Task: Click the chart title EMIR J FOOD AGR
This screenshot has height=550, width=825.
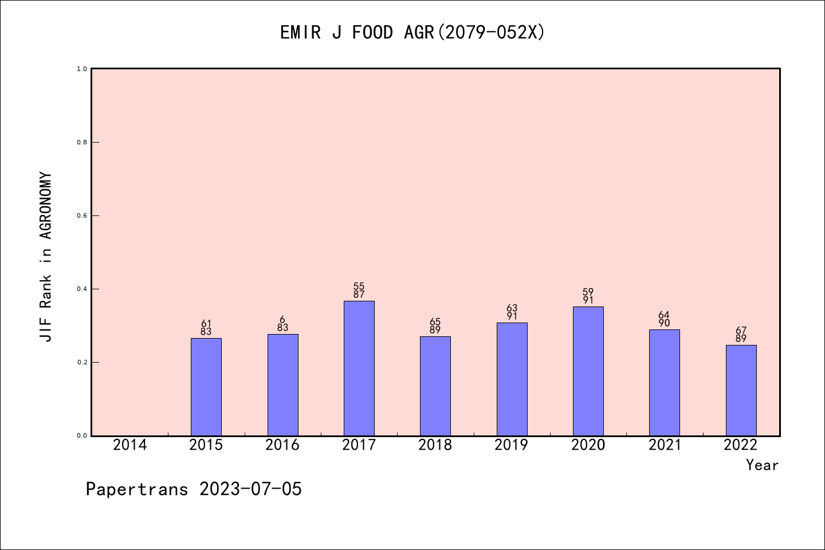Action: point(412,33)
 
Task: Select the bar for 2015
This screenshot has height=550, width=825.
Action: point(206,387)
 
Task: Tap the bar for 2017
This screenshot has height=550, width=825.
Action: point(359,368)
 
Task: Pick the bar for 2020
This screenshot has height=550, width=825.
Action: point(588,371)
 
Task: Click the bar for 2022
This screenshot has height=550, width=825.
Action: point(741,390)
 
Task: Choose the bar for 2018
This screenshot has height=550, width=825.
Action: point(435,386)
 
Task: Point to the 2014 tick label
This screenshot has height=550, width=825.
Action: point(130,445)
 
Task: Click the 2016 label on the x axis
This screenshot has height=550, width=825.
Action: point(282,445)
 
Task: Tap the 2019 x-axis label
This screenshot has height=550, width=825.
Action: point(512,445)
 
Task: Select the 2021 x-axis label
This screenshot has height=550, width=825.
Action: point(665,445)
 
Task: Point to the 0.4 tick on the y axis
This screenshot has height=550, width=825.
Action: point(82,289)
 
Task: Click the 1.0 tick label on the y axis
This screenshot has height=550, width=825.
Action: point(82,69)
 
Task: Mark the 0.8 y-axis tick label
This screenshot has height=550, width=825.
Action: point(82,142)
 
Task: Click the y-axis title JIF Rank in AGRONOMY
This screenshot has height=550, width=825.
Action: point(46,257)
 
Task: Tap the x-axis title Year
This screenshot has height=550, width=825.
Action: point(762,465)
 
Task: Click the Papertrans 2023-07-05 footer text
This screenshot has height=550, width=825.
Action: point(194,489)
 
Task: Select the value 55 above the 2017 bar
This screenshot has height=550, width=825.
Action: point(359,286)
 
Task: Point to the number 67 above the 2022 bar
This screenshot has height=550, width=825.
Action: point(741,331)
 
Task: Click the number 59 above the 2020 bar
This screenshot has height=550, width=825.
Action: point(588,292)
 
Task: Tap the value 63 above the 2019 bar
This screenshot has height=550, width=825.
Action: point(512,308)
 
